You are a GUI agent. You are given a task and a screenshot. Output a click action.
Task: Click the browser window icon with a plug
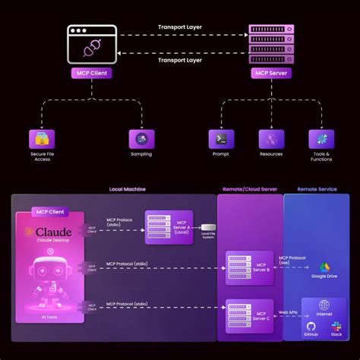click(x=91, y=45)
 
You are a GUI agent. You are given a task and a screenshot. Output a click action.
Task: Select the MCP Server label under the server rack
click(x=272, y=74)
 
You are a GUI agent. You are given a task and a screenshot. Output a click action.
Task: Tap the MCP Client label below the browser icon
click(x=91, y=74)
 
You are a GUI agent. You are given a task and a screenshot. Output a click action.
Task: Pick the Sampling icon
click(x=141, y=139)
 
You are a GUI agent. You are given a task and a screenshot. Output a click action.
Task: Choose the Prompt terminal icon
click(x=220, y=139)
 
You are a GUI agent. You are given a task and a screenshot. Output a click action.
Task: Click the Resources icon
click(x=271, y=139)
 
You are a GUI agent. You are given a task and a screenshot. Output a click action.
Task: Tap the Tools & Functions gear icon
click(x=321, y=139)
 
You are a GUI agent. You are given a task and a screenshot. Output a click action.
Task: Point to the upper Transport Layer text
click(x=180, y=27)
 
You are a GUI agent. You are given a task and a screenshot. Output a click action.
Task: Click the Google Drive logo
click(x=324, y=267)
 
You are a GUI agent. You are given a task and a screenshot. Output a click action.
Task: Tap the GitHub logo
click(x=311, y=325)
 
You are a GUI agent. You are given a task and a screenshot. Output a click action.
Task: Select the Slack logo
click(x=336, y=325)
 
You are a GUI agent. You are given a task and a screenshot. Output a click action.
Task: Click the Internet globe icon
click(x=324, y=305)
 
